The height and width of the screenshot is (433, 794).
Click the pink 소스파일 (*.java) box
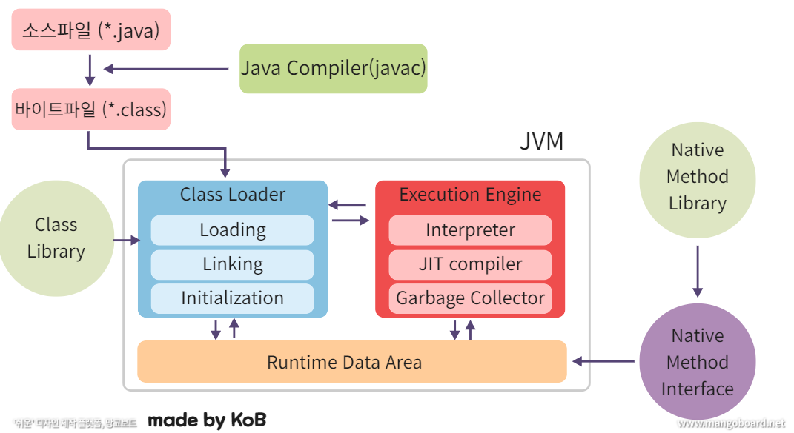[91, 30]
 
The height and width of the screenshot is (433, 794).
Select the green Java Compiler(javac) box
[333, 68]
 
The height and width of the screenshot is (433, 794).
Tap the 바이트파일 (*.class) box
[91, 110]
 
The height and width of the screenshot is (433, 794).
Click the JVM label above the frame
[541, 141]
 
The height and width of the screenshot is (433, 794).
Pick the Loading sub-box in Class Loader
[232, 230]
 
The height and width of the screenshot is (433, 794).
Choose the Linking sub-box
[232, 264]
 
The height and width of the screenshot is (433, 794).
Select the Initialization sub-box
[232, 298]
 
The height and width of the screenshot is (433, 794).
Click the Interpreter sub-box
[470, 230]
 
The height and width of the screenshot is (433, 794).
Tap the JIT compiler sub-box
[470, 264]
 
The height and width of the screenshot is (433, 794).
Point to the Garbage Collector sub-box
[470, 298]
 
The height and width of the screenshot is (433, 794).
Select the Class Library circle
[56, 238]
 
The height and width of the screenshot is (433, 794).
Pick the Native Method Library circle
[697, 177]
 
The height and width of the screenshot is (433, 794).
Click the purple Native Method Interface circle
[697, 362]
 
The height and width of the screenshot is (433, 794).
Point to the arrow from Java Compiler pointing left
[166, 69]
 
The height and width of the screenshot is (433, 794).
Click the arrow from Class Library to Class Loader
[127, 240]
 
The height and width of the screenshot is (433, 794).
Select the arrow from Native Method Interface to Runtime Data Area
[603, 362]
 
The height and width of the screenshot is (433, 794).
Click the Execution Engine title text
[470, 195]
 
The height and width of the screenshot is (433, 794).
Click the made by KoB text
[207, 420]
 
